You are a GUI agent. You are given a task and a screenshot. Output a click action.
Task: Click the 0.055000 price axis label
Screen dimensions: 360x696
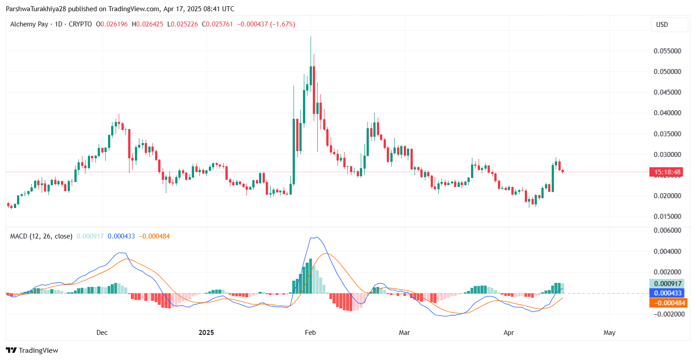(667, 51)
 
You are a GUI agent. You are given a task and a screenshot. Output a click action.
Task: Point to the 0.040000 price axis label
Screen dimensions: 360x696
(667, 113)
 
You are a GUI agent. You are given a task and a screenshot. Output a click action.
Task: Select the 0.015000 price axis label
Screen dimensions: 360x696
(667, 217)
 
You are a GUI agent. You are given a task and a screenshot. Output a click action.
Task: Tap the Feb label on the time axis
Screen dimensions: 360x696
(310, 333)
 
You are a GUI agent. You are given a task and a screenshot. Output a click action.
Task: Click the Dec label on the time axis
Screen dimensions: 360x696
(102, 333)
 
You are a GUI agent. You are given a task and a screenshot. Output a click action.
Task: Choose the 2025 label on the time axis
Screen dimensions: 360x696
(206, 333)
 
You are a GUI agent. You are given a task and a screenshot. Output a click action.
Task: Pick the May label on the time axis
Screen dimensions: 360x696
(610, 333)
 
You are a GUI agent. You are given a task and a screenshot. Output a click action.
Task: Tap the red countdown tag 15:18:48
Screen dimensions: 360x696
(667, 172)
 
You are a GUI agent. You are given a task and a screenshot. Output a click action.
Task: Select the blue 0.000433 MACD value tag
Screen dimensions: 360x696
(667, 293)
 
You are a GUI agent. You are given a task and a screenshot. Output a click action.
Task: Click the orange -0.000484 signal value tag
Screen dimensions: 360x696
(667, 303)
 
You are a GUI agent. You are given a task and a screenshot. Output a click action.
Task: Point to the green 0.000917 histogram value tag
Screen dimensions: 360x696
(667, 284)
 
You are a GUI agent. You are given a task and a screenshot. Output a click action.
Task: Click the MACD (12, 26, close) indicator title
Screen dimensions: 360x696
(41, 236)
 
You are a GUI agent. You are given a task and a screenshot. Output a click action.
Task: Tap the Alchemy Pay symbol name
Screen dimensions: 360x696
(29, 24)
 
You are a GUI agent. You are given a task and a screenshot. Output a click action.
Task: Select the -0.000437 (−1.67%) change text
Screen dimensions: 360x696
(266, 24)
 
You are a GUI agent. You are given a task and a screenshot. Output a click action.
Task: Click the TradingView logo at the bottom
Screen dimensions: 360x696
(32, 351)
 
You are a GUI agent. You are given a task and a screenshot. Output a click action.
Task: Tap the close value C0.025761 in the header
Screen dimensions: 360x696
(217, 24)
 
